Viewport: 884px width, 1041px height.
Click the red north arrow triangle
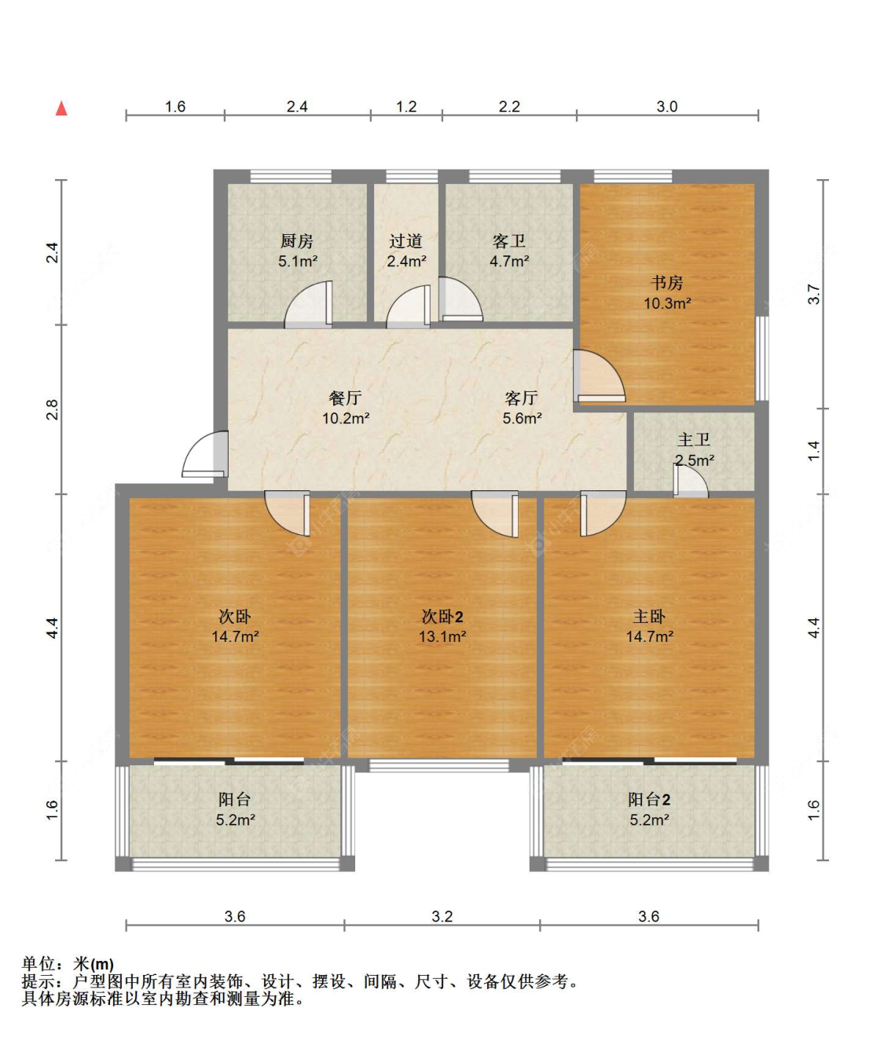click(x=61, y=108)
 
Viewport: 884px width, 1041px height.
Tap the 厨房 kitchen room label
click(x=297, y=241)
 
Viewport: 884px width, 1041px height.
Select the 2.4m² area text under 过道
click(x=406, y=262)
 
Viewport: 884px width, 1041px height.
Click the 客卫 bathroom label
click(x=508, y=241)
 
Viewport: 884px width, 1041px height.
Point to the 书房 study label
click(x=666, y=283)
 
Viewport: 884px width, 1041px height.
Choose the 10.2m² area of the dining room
click(x=345, y=419)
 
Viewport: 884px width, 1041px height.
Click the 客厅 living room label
click(x=521, y=398)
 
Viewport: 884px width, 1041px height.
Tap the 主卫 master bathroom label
click(x=694, y=440)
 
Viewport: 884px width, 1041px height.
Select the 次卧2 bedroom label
click(x=442, y=617)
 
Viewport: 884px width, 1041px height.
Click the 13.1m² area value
click(x=442, y=637)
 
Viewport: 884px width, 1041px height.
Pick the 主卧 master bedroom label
click(x=649, y=617)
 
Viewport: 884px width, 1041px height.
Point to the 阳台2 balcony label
click(x=649, y=800)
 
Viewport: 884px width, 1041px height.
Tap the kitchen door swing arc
click(x=308, y=305)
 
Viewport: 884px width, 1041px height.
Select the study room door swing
click(x=599, y=376)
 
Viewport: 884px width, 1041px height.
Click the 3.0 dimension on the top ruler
click(x=666, y=107)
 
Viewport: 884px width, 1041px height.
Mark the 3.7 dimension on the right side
click(x=814, y=294)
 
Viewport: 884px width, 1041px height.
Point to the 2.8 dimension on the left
click(x=52, y=409)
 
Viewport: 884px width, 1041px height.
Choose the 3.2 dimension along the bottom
click(x=442, y=916)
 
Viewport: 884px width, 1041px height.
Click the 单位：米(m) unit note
click(x=68, y=964)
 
